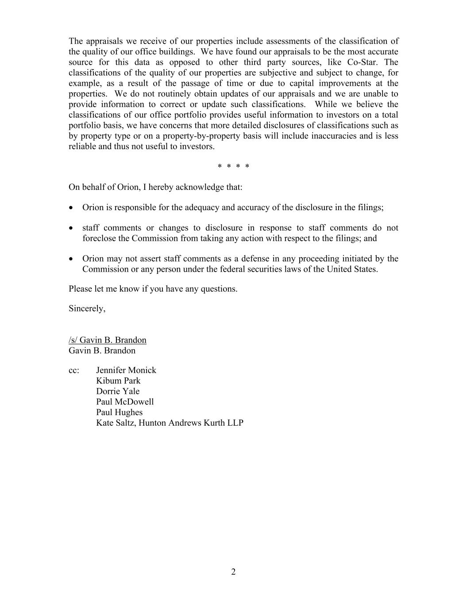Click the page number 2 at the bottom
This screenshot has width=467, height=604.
click(233, 572)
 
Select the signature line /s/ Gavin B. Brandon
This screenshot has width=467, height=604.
click(108, 340)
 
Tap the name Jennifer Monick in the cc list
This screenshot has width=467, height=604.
click(126, 370)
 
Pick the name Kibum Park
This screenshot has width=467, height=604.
click(118, 381)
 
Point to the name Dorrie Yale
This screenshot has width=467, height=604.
click(118, 392)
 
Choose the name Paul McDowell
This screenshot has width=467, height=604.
click(125, 402)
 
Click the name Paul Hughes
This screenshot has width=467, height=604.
click(120, 412)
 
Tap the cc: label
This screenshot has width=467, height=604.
click(74, 370)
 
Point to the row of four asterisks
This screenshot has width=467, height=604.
click(233, 167)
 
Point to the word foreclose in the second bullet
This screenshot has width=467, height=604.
click(100, 239)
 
